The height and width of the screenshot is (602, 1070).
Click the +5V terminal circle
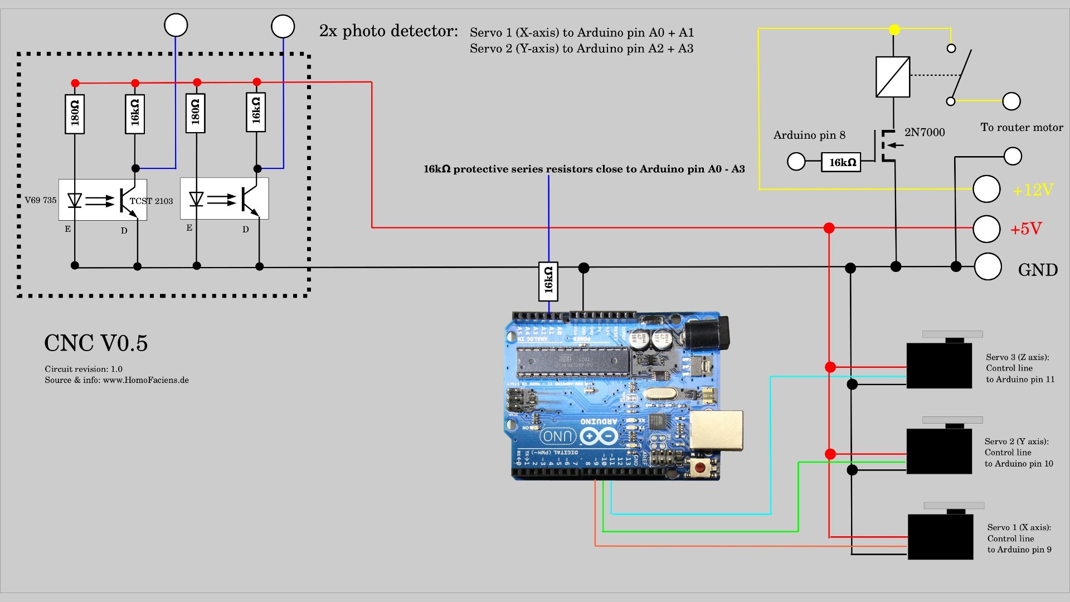point(986,229)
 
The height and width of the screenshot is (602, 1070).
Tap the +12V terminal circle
point(986,190)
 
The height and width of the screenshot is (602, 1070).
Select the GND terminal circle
point(988,266)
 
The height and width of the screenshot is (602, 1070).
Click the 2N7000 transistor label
point(925,133)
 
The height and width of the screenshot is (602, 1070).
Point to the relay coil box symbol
point(893,77)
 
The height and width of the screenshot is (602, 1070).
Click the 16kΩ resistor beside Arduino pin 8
point(841,162)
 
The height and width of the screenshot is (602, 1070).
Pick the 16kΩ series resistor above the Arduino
point(548,281)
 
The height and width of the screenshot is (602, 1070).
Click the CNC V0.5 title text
point(96,343)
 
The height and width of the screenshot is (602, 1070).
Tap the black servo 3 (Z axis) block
point(939,365)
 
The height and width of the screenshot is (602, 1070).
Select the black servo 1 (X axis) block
point(940,537)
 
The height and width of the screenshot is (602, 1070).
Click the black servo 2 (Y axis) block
point(939,451)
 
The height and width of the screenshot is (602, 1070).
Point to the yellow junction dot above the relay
point(894,30)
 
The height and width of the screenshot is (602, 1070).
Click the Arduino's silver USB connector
point(717,430)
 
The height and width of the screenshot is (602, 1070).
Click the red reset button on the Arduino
point(700,467)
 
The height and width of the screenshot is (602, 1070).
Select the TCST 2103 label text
point(151,201)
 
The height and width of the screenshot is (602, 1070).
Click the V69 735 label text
point(40,200)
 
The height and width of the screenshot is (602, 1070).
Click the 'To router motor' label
point(1022,128)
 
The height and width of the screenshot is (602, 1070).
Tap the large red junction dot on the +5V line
point(829,228)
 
